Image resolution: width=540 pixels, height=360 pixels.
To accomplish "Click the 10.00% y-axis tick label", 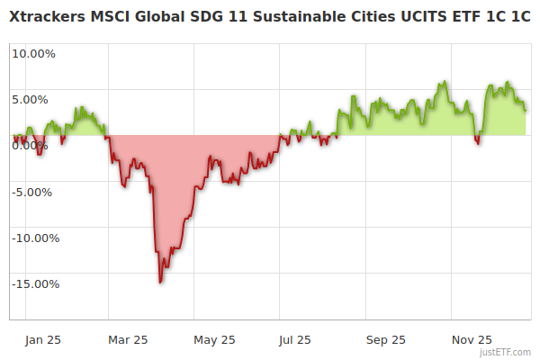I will [x=33, y=53].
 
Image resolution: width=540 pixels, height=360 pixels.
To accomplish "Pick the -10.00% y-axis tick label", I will [x=33, y=238].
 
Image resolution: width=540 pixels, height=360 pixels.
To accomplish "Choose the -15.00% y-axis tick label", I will [x=33, y=284].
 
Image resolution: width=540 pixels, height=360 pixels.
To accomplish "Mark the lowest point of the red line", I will [x=160, y=283].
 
